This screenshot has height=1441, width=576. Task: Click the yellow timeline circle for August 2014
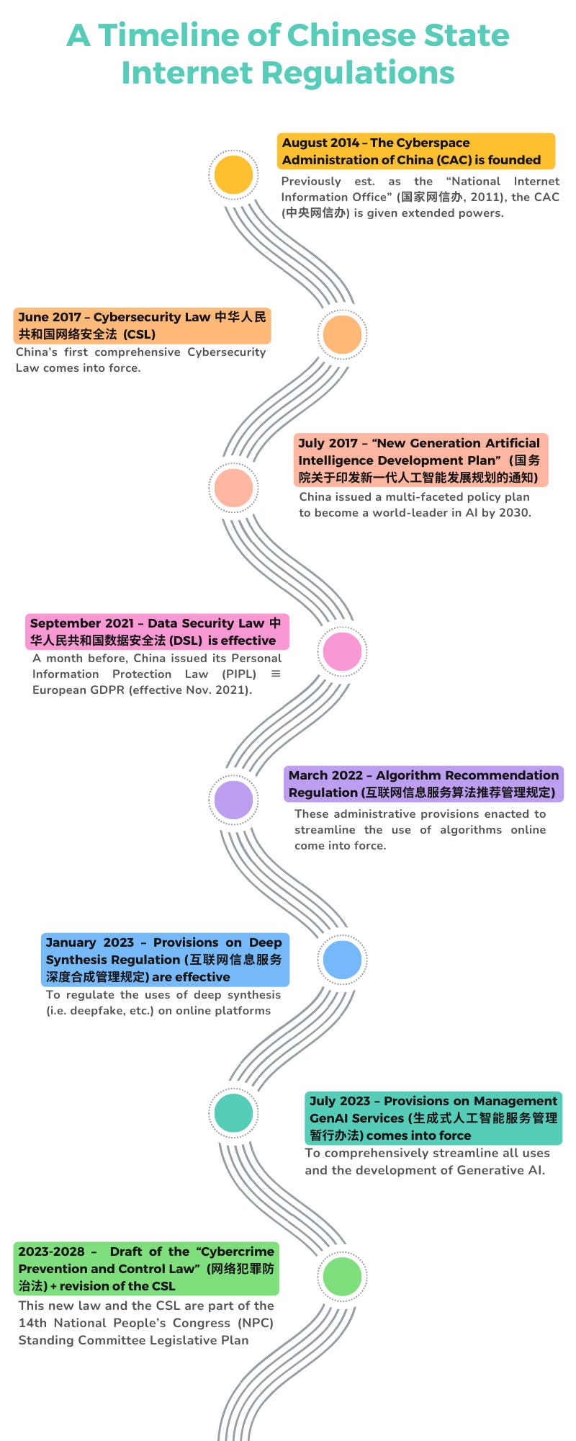(234, 175)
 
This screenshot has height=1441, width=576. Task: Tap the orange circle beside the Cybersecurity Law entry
(343, 334)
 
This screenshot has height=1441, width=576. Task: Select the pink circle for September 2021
(343, 651)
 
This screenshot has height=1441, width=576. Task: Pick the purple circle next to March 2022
(234, 800)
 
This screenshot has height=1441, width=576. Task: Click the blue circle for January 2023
(343, 960)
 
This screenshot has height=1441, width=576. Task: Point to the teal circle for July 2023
(234, 1113)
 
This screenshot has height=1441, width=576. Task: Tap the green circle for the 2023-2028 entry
(343, 1276)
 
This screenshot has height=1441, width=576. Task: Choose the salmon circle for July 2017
(234, 488)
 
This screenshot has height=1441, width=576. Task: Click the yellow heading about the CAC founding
(415, 151)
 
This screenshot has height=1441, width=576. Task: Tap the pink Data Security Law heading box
(157, 632)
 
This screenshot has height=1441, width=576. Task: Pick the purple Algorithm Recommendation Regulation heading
(423, 784)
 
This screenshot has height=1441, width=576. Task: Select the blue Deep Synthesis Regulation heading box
(165, 960)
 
